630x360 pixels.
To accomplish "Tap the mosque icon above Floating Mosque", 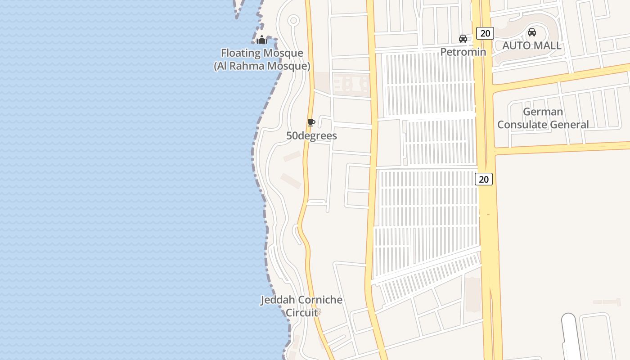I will coord(261,40).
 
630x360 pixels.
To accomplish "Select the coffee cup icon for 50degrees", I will coord(311,122).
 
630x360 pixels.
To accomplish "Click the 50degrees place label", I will coord(311,135).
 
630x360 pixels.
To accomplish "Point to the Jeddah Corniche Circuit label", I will coord(301,306).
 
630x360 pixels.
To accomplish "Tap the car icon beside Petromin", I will coord(463,39).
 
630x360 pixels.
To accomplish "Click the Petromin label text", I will coord(463,52).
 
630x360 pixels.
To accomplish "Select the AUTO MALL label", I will coord(531,45).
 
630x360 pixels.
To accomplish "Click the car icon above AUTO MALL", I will coord(531,32).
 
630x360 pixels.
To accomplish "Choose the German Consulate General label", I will coord(543,118).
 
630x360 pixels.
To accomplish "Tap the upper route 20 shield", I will coord(485,33).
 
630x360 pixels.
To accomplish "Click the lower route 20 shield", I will coord(483,179).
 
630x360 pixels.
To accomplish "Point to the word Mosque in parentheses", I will coord(287,66).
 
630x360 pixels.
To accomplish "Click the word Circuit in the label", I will coord(301,312).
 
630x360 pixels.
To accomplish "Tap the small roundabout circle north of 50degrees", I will coord(293,20).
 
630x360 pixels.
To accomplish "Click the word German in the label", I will coord(543,112).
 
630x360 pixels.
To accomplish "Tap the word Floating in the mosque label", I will coord(240,53).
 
